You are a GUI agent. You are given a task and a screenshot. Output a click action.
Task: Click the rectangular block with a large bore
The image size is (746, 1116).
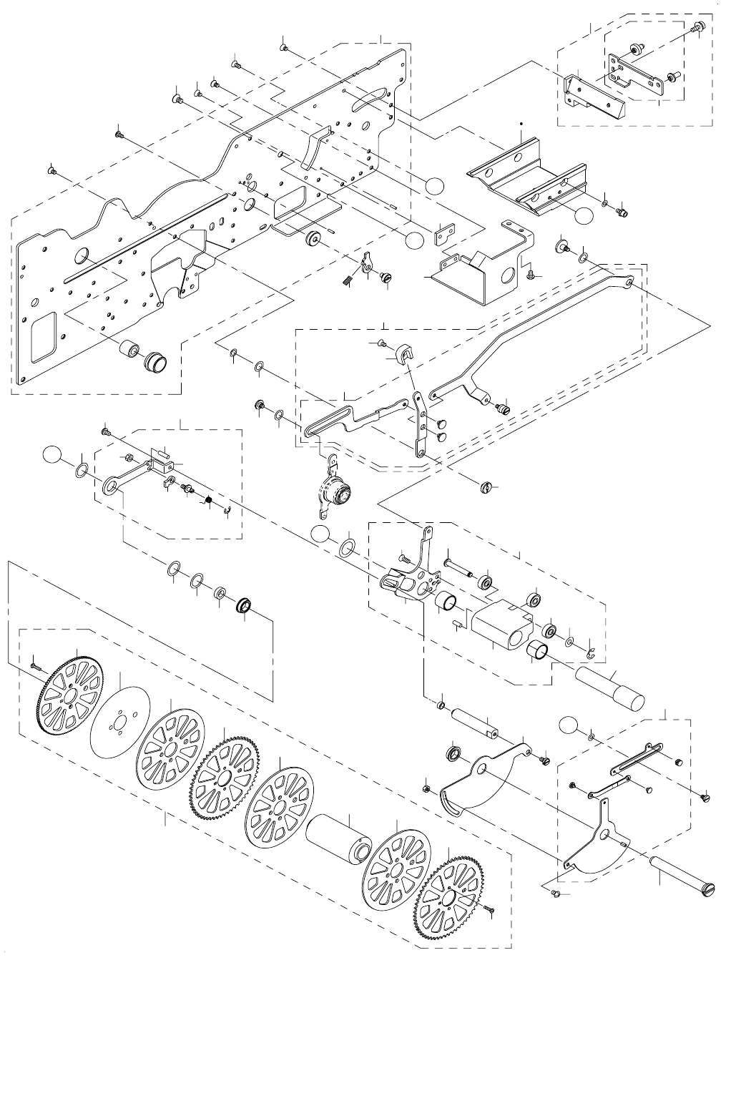[501, 624]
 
